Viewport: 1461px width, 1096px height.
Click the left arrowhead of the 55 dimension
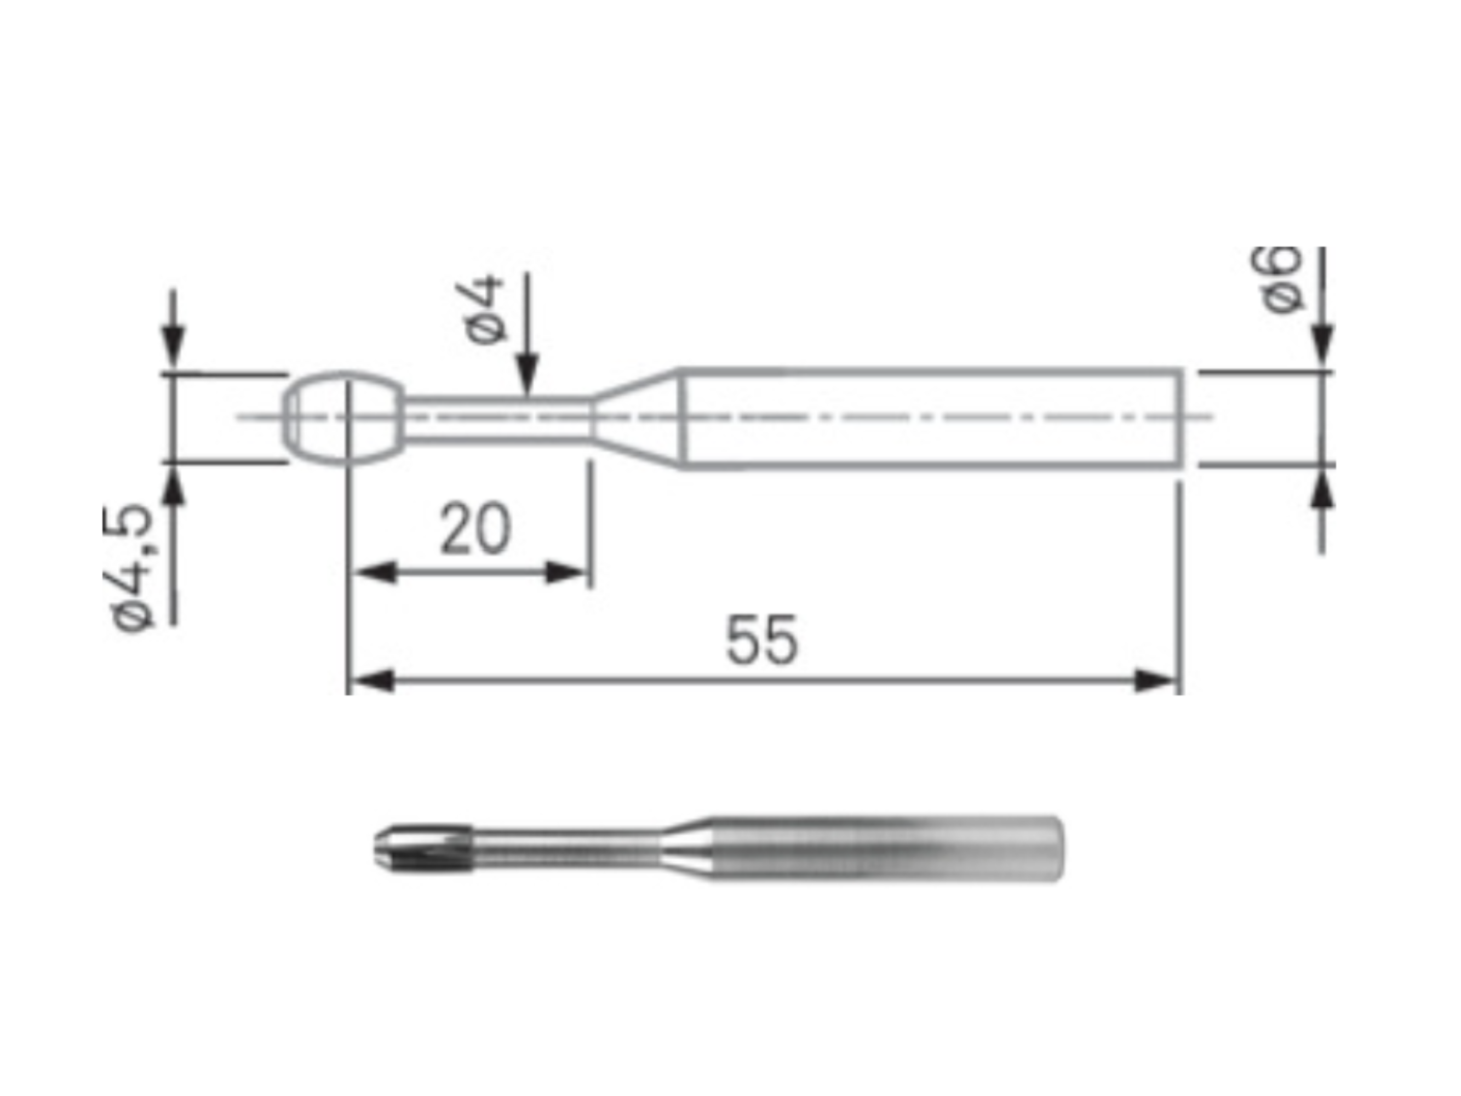tap(372, 681)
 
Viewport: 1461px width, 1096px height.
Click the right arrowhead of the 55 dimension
tap(1156, 681)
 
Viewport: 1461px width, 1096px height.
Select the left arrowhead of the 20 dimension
tap(375, 572)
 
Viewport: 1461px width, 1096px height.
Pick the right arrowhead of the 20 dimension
tap(566, 572)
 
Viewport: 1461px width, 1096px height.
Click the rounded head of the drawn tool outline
tap(343, 418)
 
